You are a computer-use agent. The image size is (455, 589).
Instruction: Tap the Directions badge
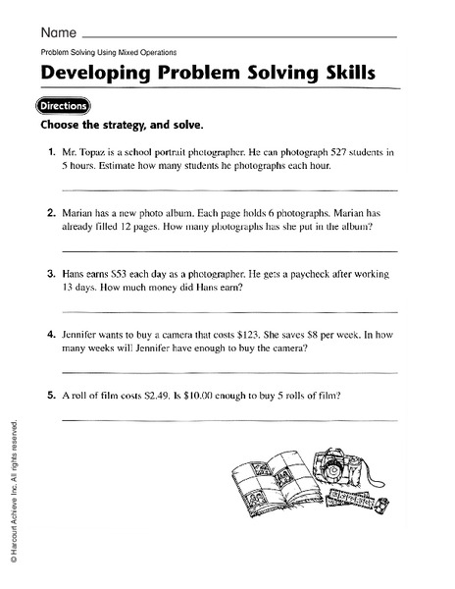64,106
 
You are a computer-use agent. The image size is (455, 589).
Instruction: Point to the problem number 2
50,211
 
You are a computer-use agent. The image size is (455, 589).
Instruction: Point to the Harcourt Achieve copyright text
13,491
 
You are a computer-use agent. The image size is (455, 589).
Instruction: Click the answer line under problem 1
229,187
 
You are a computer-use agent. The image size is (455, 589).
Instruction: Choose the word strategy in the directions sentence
124,127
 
